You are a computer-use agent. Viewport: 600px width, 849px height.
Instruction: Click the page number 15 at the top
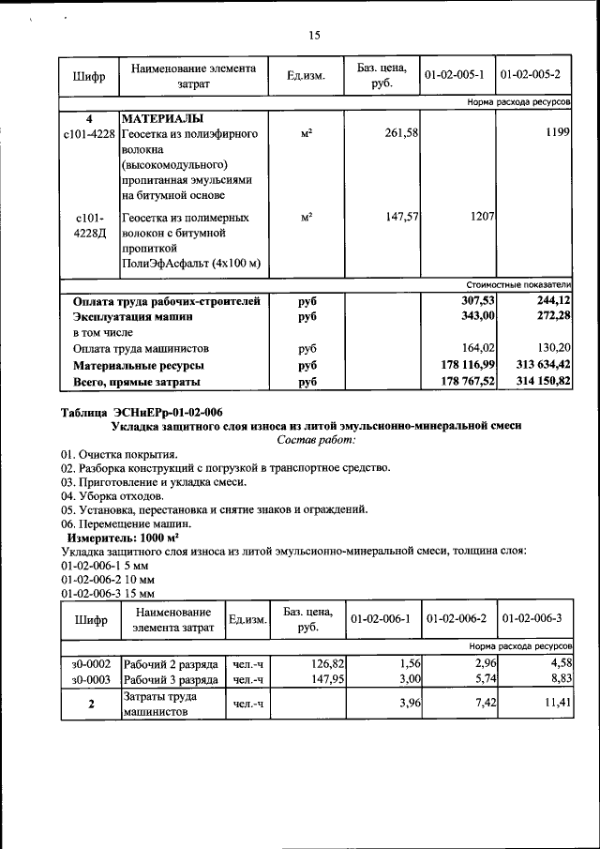point(314,36)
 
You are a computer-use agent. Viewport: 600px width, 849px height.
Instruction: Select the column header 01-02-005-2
point(534,74)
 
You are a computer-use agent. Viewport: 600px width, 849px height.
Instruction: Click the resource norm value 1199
point(557,135)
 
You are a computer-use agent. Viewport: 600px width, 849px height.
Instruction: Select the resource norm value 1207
point(481,216)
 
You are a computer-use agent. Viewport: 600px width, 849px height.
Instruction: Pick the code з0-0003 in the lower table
point(91,679)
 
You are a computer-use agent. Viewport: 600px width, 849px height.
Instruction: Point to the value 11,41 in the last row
point(555,705)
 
